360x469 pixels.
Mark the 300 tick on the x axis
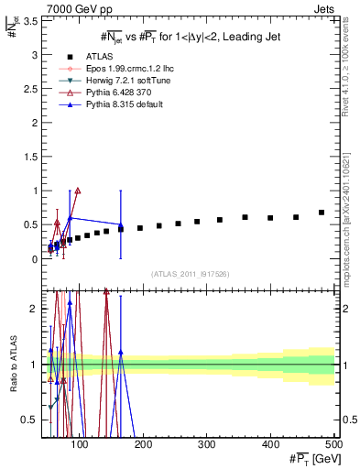coord(205,445)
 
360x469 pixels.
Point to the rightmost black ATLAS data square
coord(322,213)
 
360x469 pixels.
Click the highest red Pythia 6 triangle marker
coord(78,191)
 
